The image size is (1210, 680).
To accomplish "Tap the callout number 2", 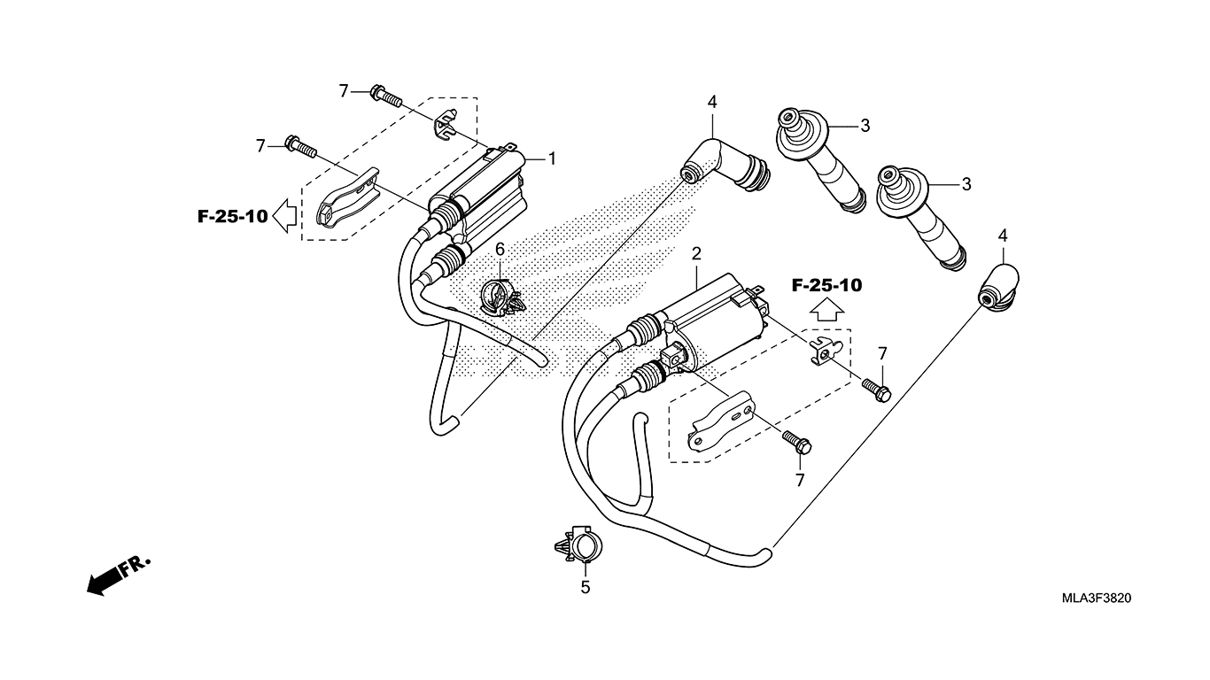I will (697, 254).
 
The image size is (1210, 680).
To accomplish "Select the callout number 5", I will (585, 586).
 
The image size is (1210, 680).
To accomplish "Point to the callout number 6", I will (500, 250).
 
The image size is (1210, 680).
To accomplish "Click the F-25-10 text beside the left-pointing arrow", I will (232, 216).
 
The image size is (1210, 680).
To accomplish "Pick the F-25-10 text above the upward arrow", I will (826, 285).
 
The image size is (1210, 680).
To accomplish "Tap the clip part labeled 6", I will (501, 297).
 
